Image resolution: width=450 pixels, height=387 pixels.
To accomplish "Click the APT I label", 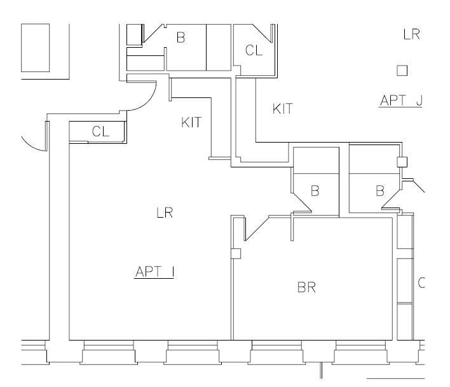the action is pyautogui.click(x=155, y=272).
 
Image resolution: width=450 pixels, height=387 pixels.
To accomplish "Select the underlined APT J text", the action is pyautogui.click(x=400, y=100).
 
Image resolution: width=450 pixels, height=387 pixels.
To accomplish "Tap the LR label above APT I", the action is pyautogui.click(x=165, y=213).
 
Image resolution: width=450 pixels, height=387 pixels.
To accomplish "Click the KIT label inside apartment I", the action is pyautogui.click(x=192, y=123).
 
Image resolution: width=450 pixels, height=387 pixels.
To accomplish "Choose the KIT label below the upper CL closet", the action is pyautogui.click(x=283, y=109).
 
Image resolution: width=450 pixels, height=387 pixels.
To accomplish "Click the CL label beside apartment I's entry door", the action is pyautogui.click(x=101, y=132).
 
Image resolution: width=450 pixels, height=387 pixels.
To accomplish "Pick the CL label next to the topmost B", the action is pyautogui.click(x=254, y=51).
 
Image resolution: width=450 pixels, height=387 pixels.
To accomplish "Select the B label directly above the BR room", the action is pyautogui.click(x=314, y=190).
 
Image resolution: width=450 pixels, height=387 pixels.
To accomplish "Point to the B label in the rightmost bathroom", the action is pyautogui.click(x=380, y=190).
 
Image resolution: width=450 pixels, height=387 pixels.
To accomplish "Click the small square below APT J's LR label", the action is pyautogui.click(x=402, y=70).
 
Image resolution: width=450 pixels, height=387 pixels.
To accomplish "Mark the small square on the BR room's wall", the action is pyautogui.click(x=236, y=253).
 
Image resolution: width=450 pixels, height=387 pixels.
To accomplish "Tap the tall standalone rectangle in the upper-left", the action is pyautogui.click(x=36, y=48).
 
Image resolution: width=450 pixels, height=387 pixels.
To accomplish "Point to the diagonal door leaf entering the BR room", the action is pyautogui.click(x=257, y=229).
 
